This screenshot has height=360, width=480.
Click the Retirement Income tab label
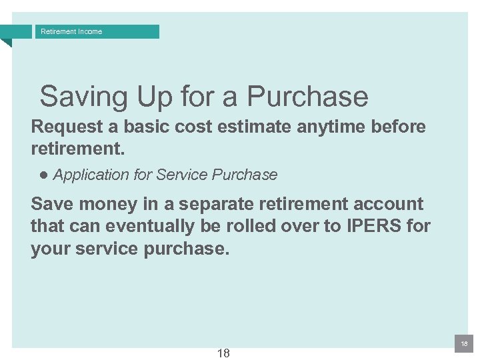pyautogui.click(x=71, y=31)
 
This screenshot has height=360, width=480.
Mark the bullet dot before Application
pyautogui.click(x=43, y=175)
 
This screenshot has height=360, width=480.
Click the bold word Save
pyautogui.click(x=52, y=204)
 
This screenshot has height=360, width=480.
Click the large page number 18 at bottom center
pyautogui.click(x=223, y=353)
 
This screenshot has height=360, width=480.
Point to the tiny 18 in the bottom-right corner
pyautogui.click(x=464, y=343)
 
